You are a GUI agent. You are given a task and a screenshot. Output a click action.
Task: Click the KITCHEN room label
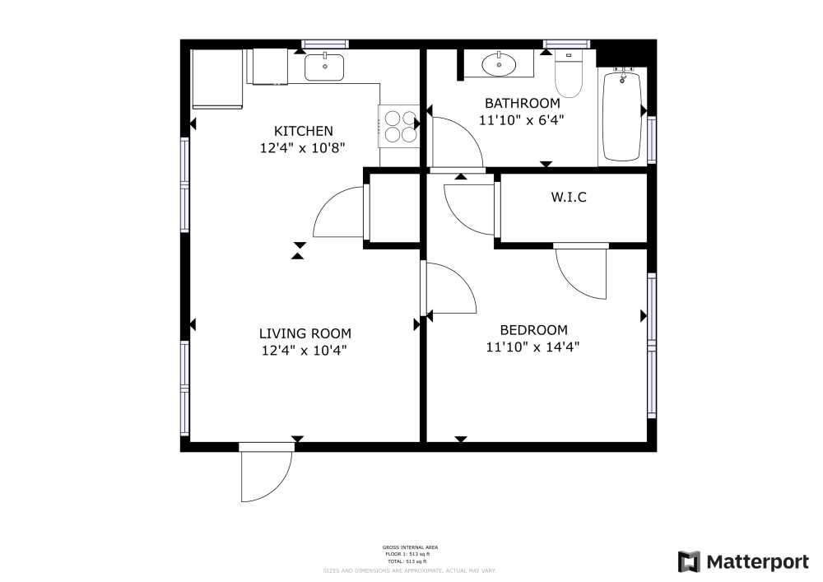click(x=303, y=131)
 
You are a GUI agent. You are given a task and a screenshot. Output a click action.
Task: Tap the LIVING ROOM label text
click(x=305, y=333)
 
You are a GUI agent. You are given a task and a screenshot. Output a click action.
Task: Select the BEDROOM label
click(x=533, y=329)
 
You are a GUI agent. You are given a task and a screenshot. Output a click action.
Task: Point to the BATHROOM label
click(x=522, y=103)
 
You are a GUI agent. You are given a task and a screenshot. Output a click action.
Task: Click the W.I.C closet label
click(x=569, y=198)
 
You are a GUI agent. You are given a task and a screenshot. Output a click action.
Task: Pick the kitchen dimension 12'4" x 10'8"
click(x=303, y=148)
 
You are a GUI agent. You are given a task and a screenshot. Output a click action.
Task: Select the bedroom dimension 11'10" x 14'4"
click(x=533, y=347)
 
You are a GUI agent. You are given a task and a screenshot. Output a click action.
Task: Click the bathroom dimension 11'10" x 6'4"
click(x=522, y=119)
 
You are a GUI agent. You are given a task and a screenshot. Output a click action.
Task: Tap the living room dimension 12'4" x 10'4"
click(x=305, y=351)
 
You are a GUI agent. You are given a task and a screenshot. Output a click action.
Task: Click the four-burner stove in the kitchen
click(x=399, y=126)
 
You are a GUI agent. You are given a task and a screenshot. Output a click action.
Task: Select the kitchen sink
click(x=325, y=66)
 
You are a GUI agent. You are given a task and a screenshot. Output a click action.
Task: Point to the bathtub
click(x=622, y=115)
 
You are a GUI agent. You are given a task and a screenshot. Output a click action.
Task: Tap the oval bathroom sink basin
click(x=498, y=63)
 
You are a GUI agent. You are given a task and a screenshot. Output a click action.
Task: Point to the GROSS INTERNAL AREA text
click(x=410, y=547)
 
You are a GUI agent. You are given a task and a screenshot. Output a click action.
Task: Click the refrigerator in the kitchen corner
click(x=217, y=79)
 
